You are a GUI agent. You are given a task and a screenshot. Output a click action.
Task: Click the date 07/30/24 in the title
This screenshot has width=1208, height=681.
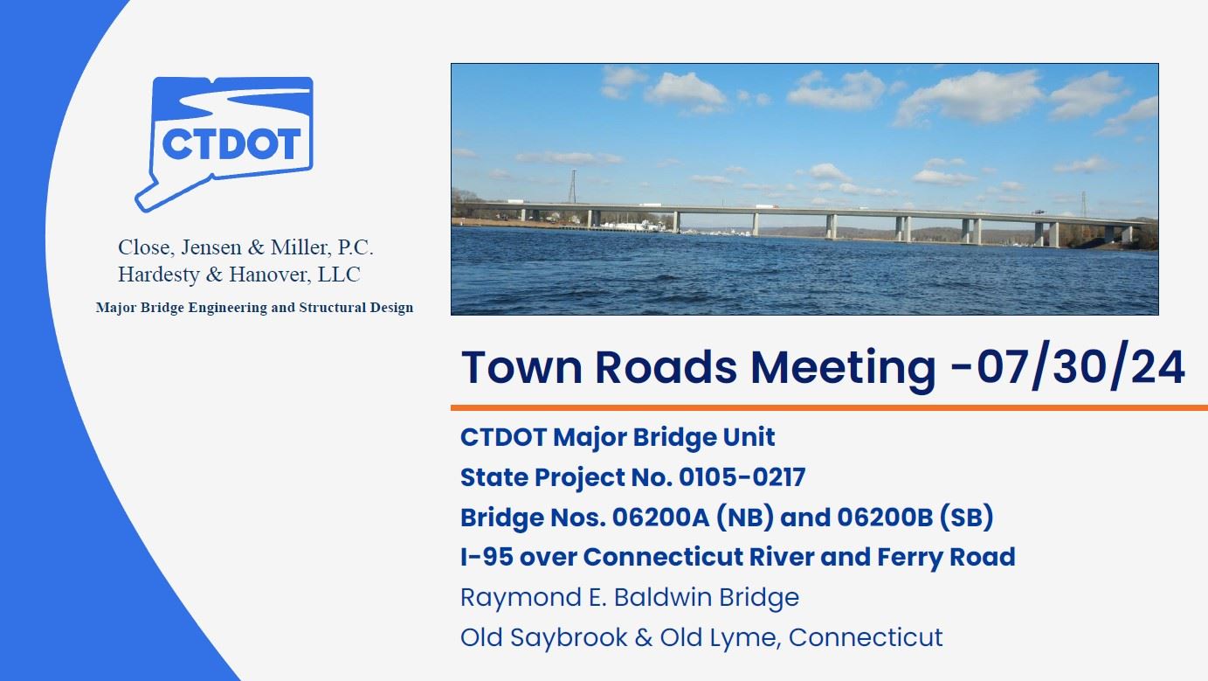(x=1080, y=367)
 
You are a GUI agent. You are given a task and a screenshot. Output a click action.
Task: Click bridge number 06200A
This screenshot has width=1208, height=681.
(x=658, y=518)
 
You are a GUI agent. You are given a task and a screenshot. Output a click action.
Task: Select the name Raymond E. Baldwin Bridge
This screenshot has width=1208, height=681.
(x=629, y=597)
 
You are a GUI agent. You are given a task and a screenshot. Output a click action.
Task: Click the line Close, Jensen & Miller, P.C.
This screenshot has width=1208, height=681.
(x=245, y=247)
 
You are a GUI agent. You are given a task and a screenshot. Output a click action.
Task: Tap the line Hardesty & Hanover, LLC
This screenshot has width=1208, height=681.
(x=238, y=274)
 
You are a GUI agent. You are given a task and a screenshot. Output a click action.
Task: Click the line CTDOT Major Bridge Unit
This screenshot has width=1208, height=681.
(x=618, y=437)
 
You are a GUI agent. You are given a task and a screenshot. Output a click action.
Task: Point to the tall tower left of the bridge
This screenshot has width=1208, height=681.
(x=573, y=187)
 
